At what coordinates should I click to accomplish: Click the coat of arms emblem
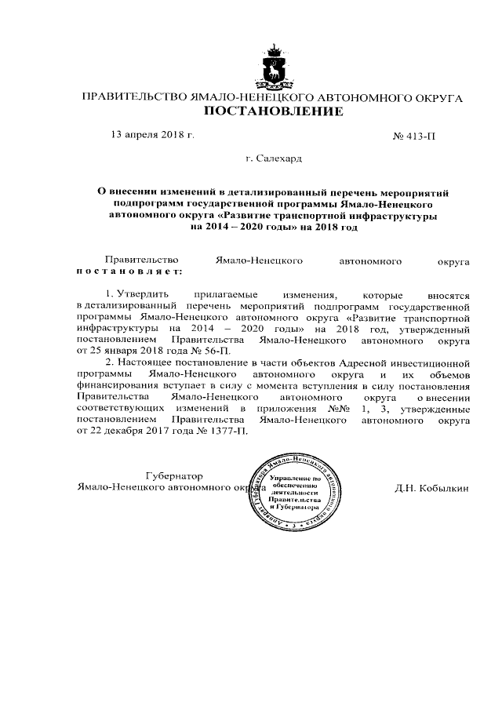[274, 67]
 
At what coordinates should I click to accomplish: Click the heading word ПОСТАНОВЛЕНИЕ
[274, 112]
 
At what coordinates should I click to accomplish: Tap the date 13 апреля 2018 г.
[153, 136]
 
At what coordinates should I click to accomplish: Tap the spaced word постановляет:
[128, 271]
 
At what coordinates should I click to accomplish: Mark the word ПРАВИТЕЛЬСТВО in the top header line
[135, 98]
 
